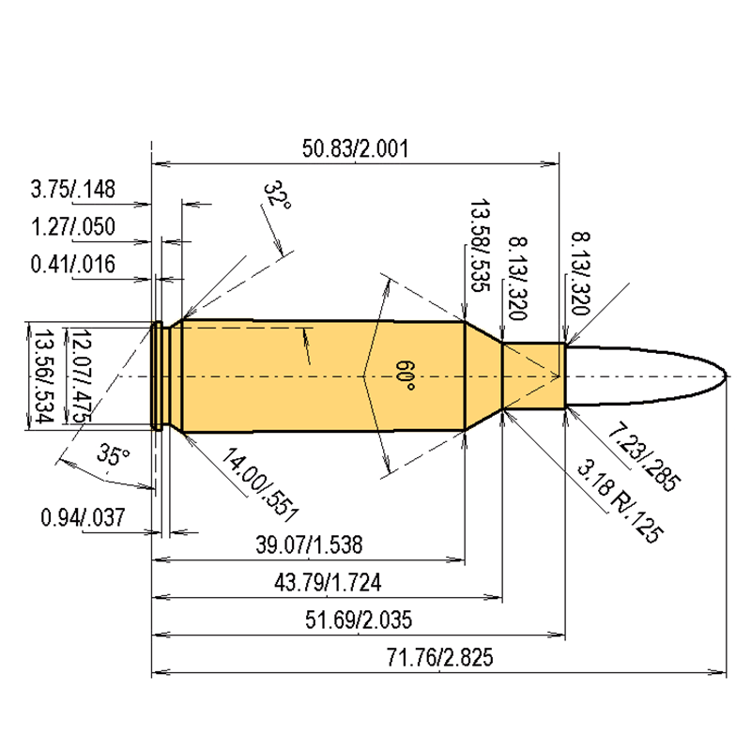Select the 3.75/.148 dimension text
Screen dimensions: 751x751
click(x=72, y=190)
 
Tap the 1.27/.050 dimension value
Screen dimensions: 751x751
click(x=72, y=227)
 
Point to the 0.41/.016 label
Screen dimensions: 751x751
click(x=72, y=265)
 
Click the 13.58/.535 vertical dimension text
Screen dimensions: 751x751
click(x=480, y=246)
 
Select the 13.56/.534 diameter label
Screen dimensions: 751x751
click(x=41, y=375)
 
